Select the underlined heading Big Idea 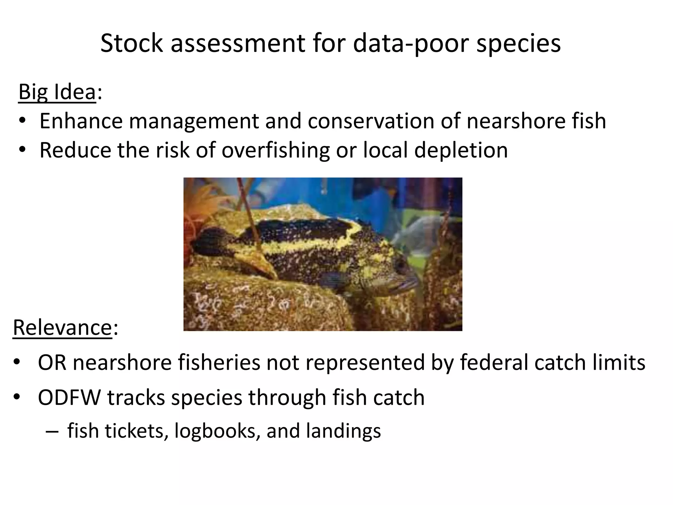(57, 92)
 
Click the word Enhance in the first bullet (81, 121)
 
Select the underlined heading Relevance (62, 327)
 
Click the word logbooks (215, 431)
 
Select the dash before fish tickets (52, 431)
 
